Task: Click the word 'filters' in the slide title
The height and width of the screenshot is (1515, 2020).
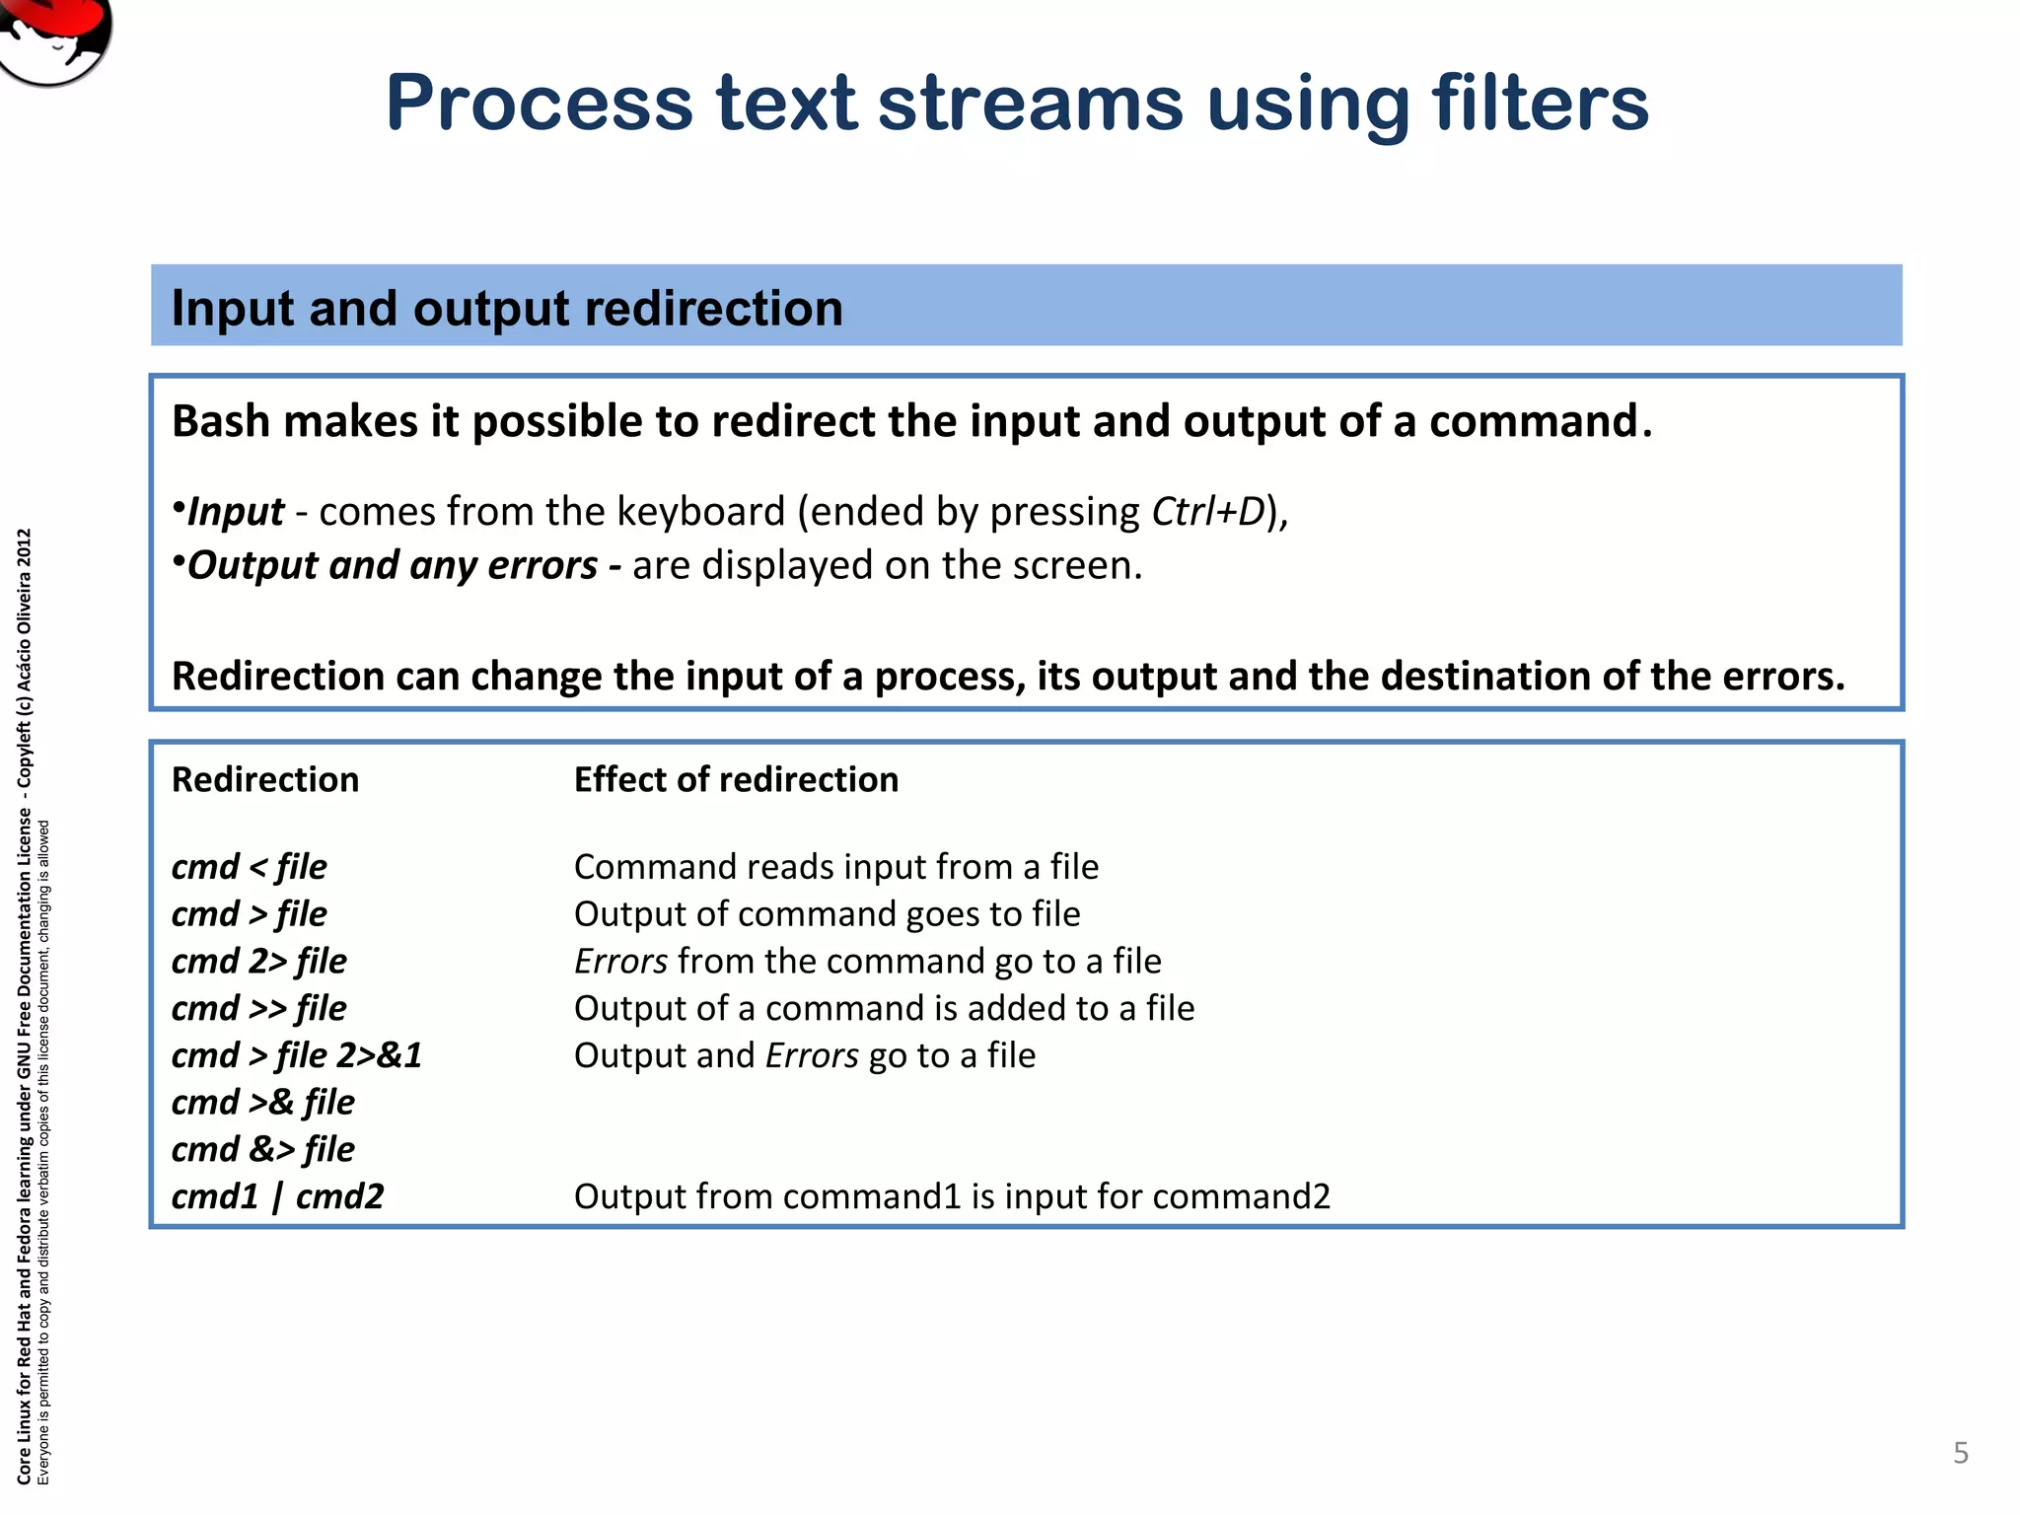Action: pos(1540,103)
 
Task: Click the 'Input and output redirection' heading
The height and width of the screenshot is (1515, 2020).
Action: pos(507,308)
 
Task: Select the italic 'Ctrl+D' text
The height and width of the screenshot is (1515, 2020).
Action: pos(1207,512)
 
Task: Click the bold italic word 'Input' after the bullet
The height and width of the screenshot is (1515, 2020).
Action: pos(236,512)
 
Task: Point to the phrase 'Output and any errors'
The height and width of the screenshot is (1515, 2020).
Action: pos(392,565)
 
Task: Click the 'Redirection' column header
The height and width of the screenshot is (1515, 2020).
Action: pos(265,779)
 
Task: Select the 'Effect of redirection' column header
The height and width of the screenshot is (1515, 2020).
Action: pos(736,779)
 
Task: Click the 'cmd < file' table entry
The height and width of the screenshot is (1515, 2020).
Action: pos(249,867)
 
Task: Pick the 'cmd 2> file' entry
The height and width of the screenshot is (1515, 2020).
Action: pos(258,961)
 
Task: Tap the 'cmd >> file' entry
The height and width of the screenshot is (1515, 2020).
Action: pos(258,1008)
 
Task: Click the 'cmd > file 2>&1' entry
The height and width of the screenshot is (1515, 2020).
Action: pos(296,1055)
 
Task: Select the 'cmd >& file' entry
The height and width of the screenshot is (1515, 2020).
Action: pos(262,1102)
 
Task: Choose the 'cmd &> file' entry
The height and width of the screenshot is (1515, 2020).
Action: pos(262,1149)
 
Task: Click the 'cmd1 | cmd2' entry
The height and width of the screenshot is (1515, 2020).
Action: pos(277,1196)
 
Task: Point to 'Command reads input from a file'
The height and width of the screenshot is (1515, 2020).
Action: pos(835,867)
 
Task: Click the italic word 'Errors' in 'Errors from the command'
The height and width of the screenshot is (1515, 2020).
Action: pos(620,961)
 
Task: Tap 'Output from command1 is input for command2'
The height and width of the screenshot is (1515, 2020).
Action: pos(952,1196)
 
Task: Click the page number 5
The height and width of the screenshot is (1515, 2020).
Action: pos(1961,1453)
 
